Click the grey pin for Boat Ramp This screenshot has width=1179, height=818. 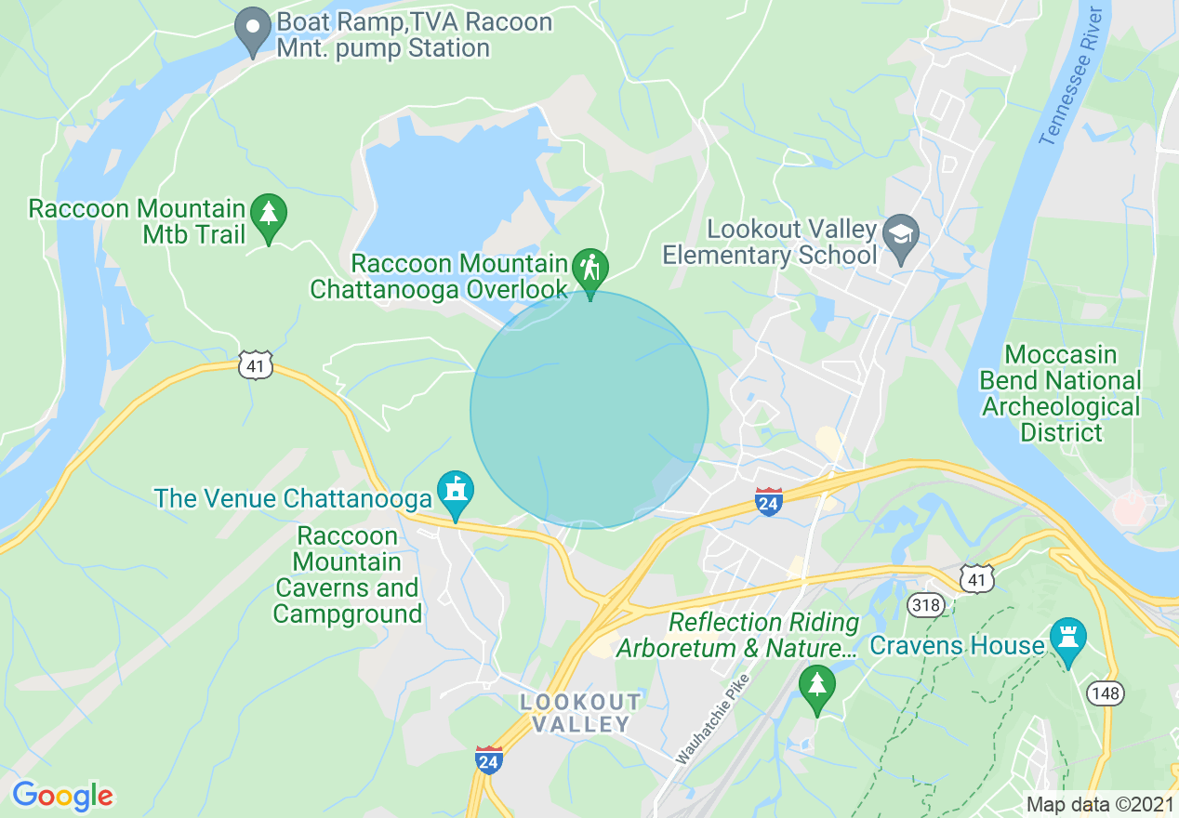[252, 31]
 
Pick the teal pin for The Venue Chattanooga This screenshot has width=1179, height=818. [455, 492]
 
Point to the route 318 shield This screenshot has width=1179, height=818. [927, 606]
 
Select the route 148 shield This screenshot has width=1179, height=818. [1107, 693]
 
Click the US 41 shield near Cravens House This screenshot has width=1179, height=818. [977, 580]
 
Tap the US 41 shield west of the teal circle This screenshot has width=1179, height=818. [255, 365]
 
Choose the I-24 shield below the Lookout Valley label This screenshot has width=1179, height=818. [489, 759]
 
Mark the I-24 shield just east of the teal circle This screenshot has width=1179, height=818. [769, 501]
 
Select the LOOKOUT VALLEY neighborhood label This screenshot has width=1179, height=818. [581, 713]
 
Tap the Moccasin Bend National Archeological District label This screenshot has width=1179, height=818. [1060, 393]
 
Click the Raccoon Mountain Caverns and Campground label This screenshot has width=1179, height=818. [348, 574]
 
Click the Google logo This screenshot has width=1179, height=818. [62, 796]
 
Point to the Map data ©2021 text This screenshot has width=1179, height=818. [1098, 804]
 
